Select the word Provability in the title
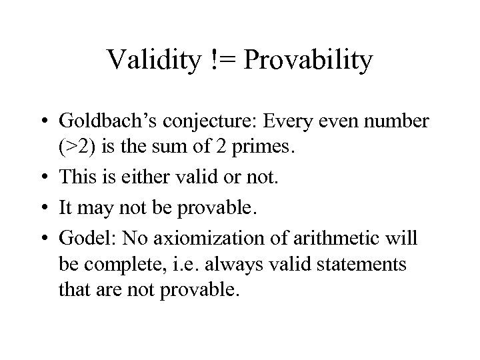pos(309,61)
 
